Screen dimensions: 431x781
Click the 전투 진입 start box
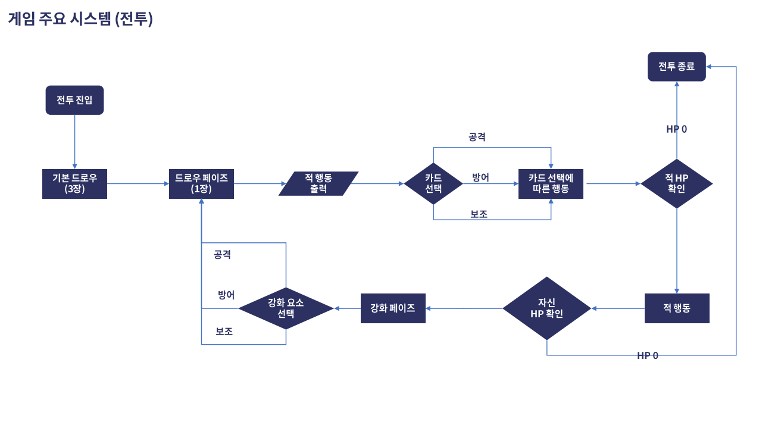click(74, 100)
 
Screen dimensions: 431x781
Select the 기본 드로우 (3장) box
click(74, 183)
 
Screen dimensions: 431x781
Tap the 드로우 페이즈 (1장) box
click(201, 183)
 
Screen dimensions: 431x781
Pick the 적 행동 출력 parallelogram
click(318, 183)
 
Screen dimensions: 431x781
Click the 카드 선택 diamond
click(433, 183)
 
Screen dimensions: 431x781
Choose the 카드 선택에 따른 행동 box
click(551, 183)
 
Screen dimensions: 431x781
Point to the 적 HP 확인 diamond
click(676, 183)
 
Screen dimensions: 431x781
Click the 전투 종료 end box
click(676, 67)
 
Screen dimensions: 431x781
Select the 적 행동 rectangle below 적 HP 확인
click(677, 308)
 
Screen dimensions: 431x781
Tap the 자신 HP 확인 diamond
click(546, 308)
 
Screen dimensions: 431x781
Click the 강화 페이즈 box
click(393, 308)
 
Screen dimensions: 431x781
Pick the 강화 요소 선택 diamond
click(286, 308)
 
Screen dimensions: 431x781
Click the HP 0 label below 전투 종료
click(676, 129)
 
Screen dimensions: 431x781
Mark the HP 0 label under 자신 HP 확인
click(648, 355)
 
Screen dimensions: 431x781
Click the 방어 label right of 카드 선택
click(480, 177)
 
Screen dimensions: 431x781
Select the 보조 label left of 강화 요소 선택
click(224, 332)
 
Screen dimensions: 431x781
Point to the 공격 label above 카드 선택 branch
click(477, 137)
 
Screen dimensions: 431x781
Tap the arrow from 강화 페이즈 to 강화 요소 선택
click(348, 308)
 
